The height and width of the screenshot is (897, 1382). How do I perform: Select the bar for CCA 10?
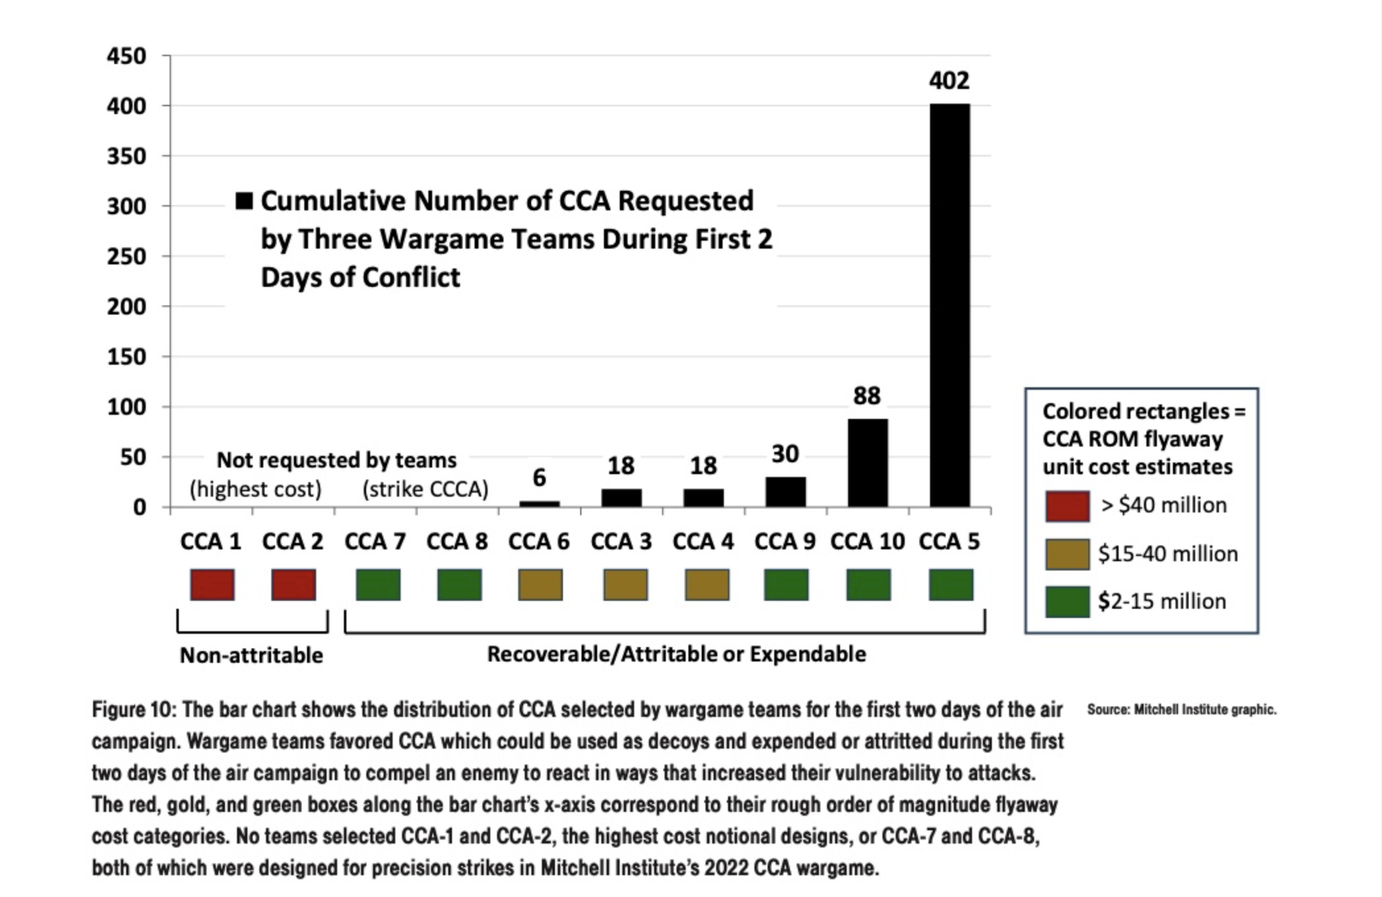868,462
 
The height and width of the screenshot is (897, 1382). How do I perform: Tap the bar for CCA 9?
785,491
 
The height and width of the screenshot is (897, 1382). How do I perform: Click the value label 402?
949,80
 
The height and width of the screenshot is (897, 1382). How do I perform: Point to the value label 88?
867,396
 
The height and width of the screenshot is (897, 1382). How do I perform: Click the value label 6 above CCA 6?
539,478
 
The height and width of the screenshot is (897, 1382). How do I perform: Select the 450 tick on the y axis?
127,56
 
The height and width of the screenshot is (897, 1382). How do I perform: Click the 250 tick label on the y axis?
127,257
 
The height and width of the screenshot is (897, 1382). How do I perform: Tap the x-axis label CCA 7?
375,541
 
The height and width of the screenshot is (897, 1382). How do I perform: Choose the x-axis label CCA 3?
621,541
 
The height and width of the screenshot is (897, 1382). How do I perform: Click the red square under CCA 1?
213,585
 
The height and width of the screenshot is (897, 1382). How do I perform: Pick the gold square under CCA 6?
541,585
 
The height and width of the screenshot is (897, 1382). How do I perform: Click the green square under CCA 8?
459,585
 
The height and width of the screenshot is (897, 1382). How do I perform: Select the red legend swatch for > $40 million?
1067,506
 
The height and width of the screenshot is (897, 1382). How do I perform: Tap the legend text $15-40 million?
1168,553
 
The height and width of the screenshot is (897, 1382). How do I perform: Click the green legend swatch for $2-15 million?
1067,602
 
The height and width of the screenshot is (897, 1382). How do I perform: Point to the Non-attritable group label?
251,655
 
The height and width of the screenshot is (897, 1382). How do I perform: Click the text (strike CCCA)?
426,489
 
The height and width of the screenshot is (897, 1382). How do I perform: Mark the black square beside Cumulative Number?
244,201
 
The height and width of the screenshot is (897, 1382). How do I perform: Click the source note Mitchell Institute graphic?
1181,710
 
